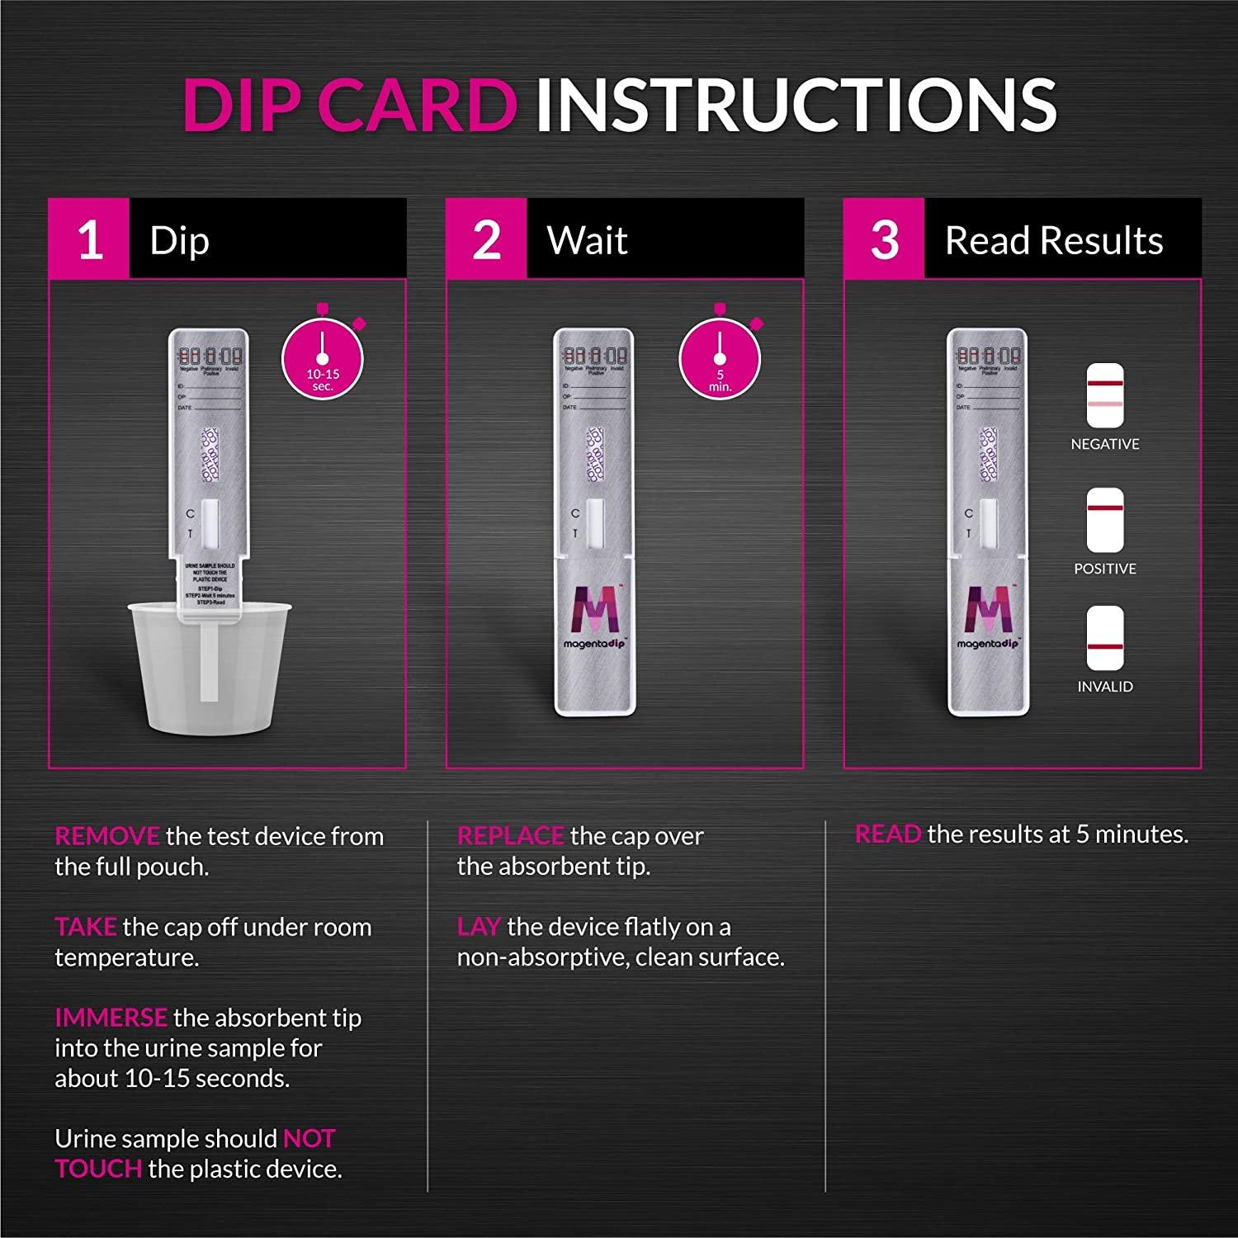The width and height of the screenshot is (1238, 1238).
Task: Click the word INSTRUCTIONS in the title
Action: [x=796, y=106]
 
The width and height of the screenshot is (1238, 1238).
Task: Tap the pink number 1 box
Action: [x=89, y=239]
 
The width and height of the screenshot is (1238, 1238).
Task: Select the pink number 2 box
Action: [x=486, y=239]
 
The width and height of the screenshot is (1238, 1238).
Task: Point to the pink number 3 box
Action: [x=884, y=239]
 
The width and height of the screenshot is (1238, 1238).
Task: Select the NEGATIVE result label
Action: [x=1104, y=444]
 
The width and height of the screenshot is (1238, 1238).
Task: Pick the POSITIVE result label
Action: [x=1104, y=569]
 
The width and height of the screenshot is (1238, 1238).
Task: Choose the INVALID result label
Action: [x=1104, y=687]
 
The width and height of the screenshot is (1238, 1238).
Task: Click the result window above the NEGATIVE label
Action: [x=1105, y=395]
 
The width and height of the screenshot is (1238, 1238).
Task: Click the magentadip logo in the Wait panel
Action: [x=594, y=617]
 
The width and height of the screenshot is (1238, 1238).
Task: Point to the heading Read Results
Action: [x=1053, y=240]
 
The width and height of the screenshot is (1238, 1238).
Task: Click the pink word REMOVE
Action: [x=106, y=836]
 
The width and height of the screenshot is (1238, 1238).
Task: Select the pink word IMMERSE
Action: [x=111, y=1018]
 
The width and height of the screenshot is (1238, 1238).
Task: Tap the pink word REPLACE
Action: [x=510, y=836]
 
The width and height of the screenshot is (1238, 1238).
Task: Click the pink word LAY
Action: [x=479, y=927]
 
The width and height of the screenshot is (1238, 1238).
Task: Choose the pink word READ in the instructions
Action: [x=887, y=834]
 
